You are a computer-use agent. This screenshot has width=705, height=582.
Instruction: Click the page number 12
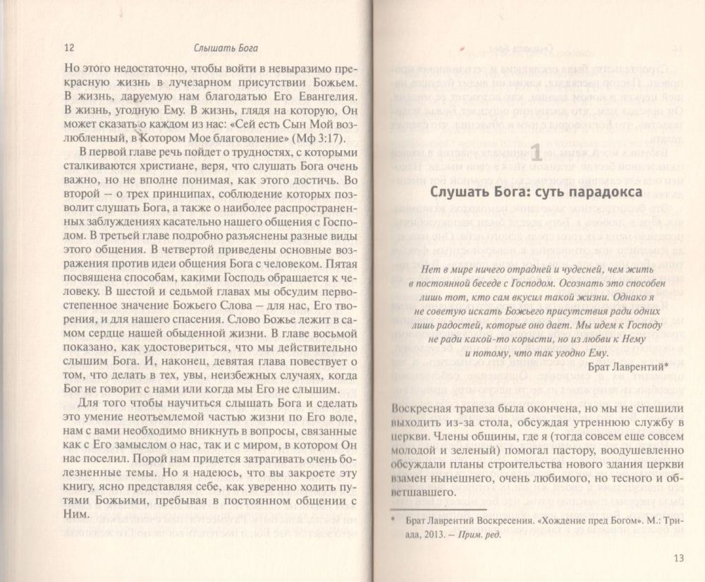[68, 48]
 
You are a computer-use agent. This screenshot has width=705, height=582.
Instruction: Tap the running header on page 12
[226, 49]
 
